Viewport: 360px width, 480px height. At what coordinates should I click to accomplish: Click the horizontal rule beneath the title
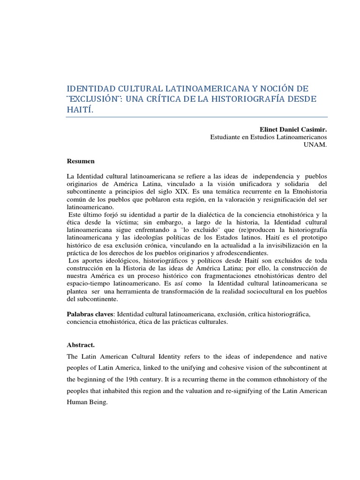point(197,117)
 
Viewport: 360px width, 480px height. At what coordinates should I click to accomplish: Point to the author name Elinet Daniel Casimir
point(293,128)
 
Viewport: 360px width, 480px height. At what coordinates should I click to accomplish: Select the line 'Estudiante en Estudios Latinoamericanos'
point(268,136)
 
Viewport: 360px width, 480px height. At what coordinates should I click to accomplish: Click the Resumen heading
point(81,161)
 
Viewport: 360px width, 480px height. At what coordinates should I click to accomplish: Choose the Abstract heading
point(81,345)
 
